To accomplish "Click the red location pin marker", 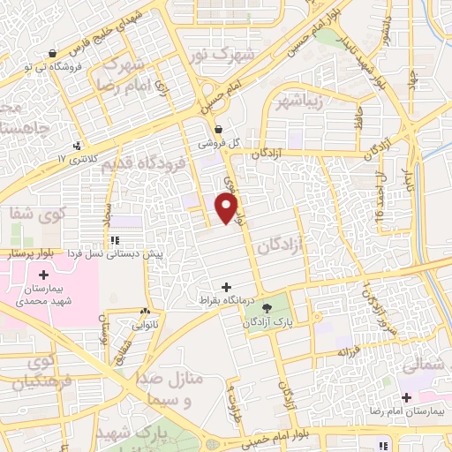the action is pos(228,208).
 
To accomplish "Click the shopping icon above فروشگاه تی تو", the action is pos(53,52).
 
